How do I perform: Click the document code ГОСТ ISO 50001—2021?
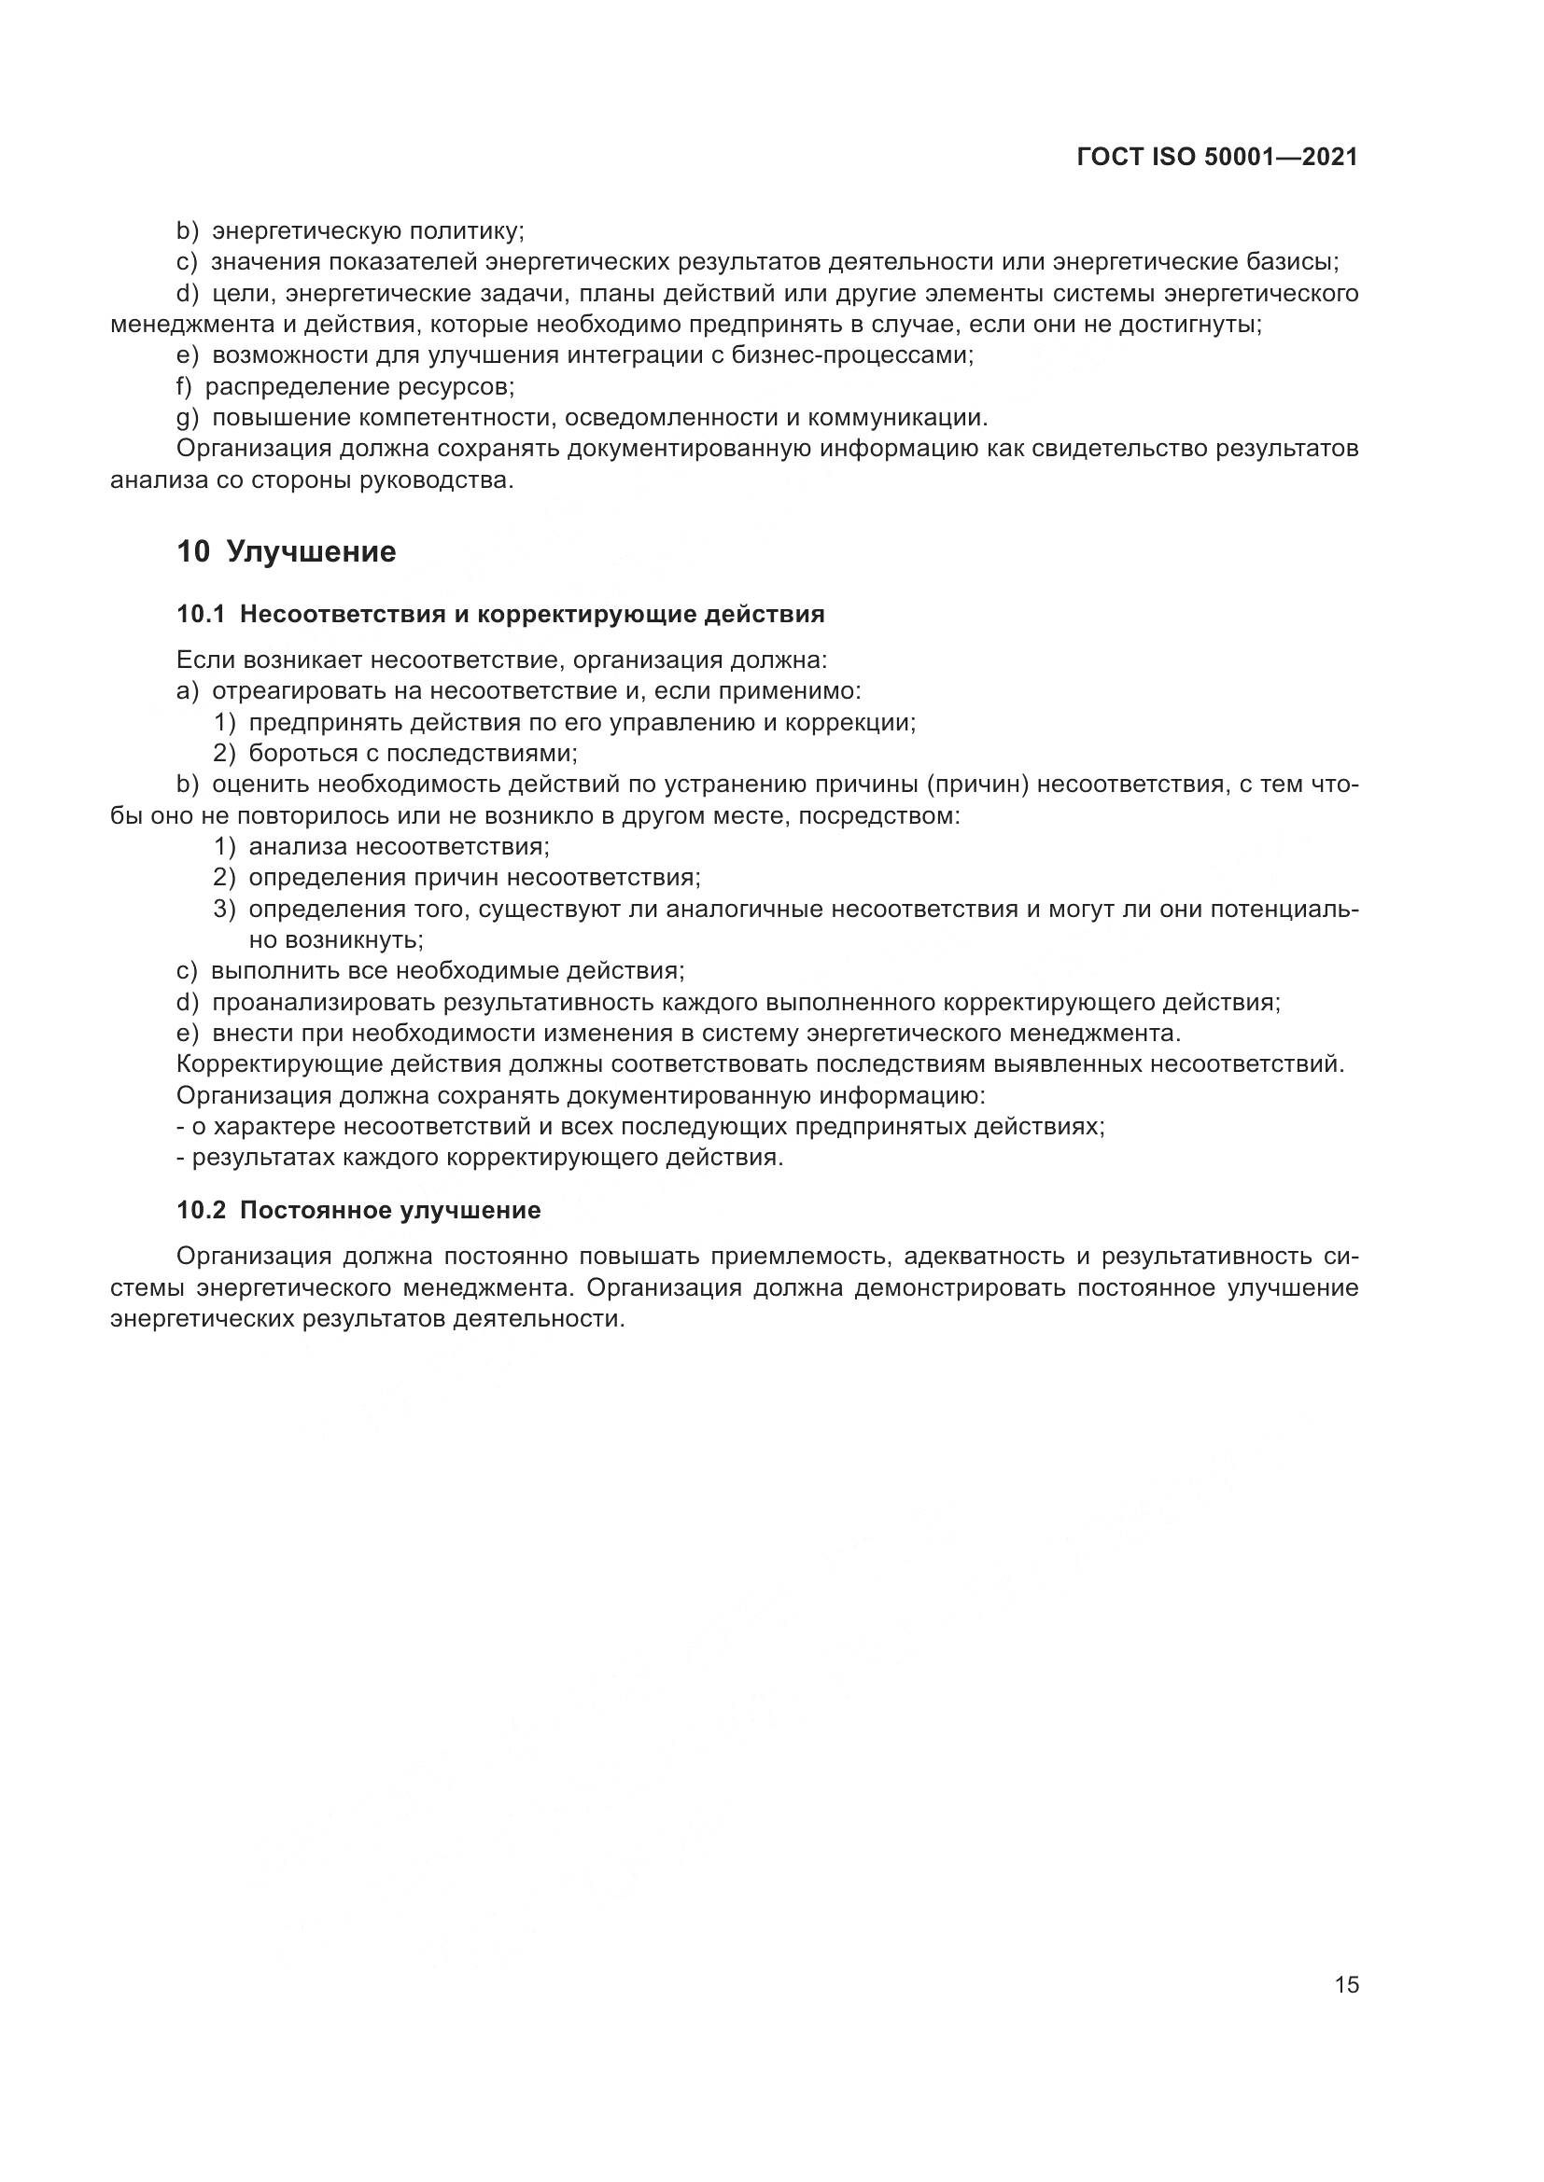pos(1217,158)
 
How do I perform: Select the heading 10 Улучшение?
pos(287,551)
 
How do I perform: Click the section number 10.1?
pos(201,615)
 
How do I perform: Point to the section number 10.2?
pos(201,1210)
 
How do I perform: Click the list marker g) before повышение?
pos(188,418)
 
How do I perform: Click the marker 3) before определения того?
pos(224,910)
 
